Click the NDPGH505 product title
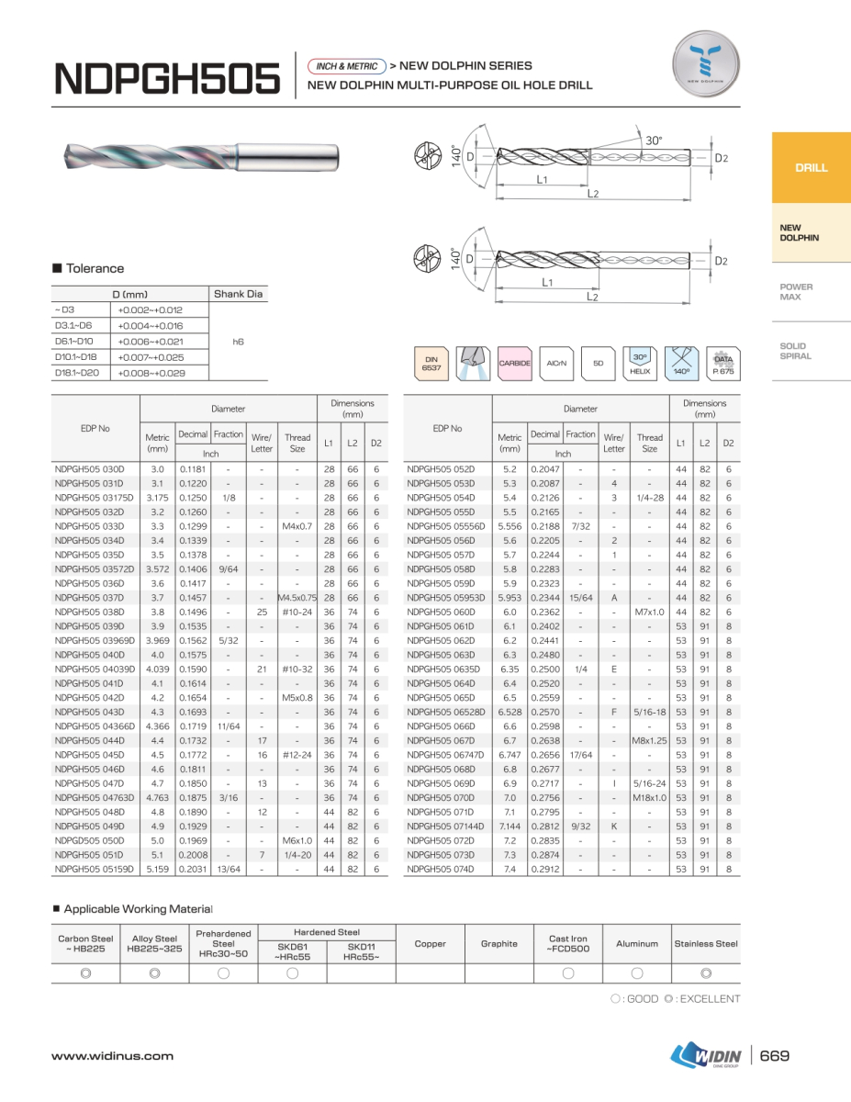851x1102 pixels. click(x=167, y=78)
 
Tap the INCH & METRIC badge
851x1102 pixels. click(x=347, y=66)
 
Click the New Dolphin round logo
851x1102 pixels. click(x=706, y=63)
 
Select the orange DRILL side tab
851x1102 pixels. click(x=811, y=168)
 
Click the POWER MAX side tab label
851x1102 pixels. click(x=796, y=292)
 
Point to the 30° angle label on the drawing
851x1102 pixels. click(x=653, y=141)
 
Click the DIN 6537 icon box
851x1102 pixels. click(x=431, y=363)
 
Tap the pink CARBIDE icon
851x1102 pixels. click(x=514, y=363)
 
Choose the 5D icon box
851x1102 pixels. click(x=598, y=363)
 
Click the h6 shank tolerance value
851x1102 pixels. click(x=239, y=341)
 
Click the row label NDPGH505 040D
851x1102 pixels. click(x=89, y=655)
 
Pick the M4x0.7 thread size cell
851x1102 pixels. click(x=297, y=526)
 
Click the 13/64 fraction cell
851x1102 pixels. click(x=229, y=869)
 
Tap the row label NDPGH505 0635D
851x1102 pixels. click(x=442, y=669)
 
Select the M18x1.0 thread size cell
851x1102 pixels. click(x=649, y=798)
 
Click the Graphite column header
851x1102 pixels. click(x=499, y=943)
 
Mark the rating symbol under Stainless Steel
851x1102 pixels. click(x=706, y=973)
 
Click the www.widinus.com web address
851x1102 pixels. click(x=112, y=1056)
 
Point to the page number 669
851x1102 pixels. click(x=775, y=1056)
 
